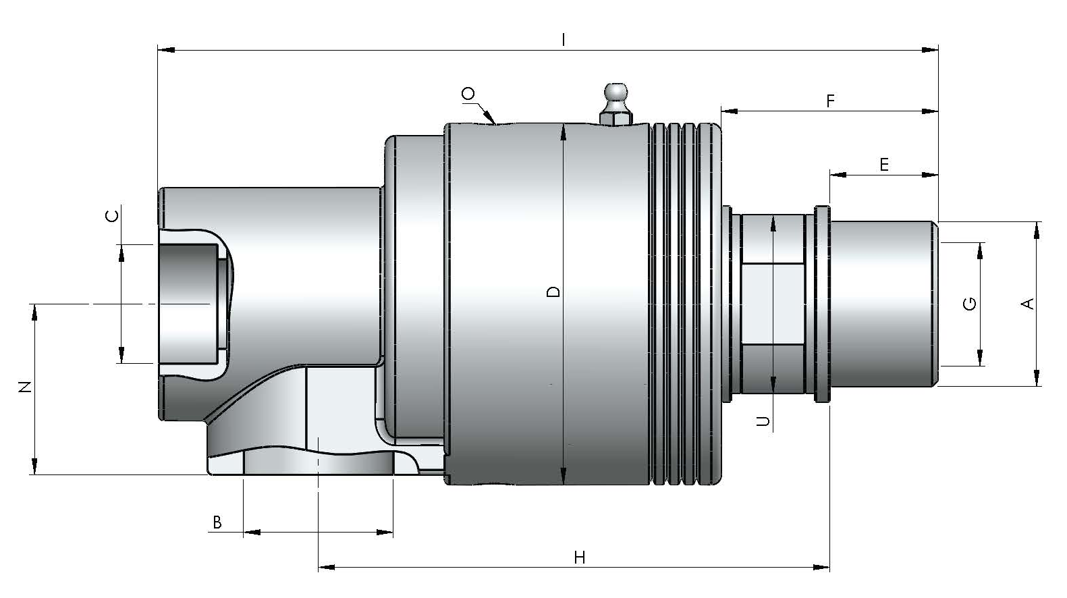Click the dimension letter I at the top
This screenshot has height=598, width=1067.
tap(564, 39)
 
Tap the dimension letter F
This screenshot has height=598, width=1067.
tap(830, 101)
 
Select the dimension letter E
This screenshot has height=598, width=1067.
tap(884, 165)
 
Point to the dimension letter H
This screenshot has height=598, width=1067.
tap(579, 558)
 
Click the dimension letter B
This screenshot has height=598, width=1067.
tap(217, 522)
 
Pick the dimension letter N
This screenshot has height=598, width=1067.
tap(25, 387)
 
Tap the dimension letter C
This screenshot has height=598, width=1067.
tap(112, 217)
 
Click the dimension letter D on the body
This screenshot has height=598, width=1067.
tap(553, 292)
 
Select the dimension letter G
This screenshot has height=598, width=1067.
tap(970, 304)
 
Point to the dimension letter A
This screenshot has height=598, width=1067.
tap(1029, 304)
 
